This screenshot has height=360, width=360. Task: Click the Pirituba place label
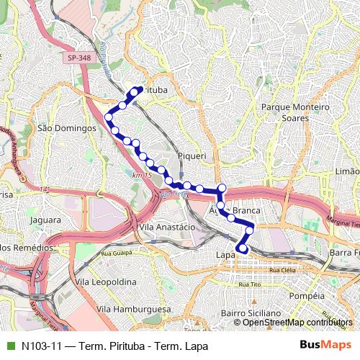click(153, 90)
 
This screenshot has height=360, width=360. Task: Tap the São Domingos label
click(66, 127)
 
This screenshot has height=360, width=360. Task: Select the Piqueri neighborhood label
click(192, 155)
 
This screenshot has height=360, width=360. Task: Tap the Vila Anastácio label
click(166, 226)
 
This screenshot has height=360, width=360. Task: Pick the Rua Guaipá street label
click(117, 253)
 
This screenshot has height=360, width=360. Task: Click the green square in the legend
click(10, 346)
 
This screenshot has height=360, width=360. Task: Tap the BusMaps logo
click(325, 346)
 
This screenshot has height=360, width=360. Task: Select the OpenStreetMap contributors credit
click(297, 322)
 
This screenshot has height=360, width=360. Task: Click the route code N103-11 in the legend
click(40, 346)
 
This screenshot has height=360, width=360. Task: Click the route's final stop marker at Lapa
click(243, 249)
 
